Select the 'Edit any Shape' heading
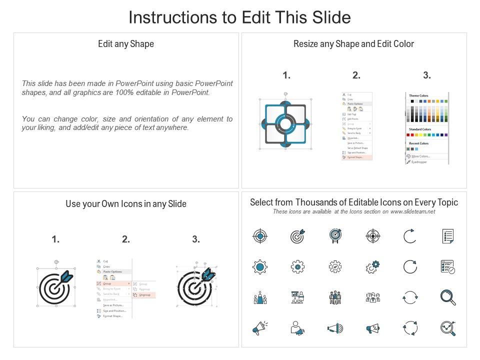126,44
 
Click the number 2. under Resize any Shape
356,75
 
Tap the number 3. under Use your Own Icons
196,239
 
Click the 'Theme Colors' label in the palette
418,95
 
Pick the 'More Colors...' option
420,156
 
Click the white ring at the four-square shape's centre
285,123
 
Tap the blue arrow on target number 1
66,276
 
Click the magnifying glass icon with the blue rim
447,297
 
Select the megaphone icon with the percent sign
373,328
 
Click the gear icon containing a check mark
334,267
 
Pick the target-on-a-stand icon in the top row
334,235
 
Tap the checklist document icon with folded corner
447,236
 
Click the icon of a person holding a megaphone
297,328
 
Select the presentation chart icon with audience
297,297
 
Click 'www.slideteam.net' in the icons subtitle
412,212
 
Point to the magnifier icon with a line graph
447,328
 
